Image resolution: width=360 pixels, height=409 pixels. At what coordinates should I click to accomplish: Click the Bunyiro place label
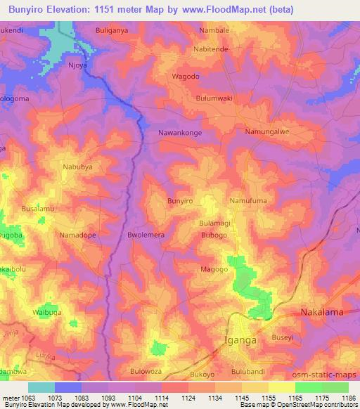pos(179,201)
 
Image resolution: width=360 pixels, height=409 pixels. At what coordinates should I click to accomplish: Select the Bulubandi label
pos(252,372)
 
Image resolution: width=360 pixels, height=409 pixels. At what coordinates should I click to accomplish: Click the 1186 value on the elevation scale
pos(347,398)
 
